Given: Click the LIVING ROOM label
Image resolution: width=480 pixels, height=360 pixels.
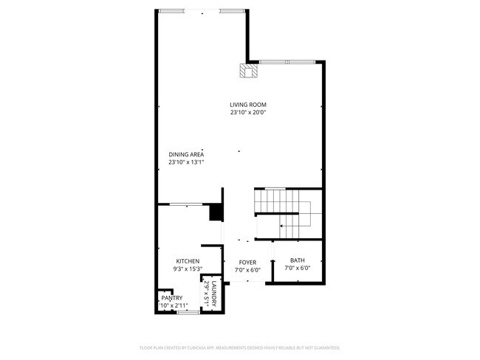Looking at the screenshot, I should click(247, 105).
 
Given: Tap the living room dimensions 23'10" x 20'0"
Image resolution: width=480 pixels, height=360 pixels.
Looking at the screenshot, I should click(247, 113).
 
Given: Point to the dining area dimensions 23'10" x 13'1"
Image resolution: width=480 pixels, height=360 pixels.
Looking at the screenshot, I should click(185, 162).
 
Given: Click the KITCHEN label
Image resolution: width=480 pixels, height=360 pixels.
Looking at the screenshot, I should click(188, 261).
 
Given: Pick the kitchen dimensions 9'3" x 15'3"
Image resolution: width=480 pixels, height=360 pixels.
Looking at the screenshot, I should click(188, 269).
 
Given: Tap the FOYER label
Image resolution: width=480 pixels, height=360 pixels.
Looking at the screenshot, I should click(247, 262).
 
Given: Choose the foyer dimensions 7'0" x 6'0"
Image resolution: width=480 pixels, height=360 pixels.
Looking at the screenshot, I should click(247, 269).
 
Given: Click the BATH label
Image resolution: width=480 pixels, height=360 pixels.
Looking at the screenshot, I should click(297, 260).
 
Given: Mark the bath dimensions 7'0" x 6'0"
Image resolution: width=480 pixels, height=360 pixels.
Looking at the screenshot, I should click(297, 269).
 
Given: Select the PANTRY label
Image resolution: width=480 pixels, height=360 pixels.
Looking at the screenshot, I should click(171, 298).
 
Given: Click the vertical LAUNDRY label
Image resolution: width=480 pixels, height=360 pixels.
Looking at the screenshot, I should click(214, 294).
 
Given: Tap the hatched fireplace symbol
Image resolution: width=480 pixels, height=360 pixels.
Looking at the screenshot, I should click(247, 70).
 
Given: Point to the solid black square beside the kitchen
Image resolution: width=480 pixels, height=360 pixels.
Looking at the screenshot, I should click(216, 212).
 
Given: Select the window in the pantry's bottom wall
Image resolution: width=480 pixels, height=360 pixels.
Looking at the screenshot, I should click(188, 313).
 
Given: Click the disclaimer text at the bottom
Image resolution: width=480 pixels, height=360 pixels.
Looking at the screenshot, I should click(240, 347).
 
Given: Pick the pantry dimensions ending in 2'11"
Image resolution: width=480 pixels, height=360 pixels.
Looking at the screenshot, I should click(174, 305).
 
